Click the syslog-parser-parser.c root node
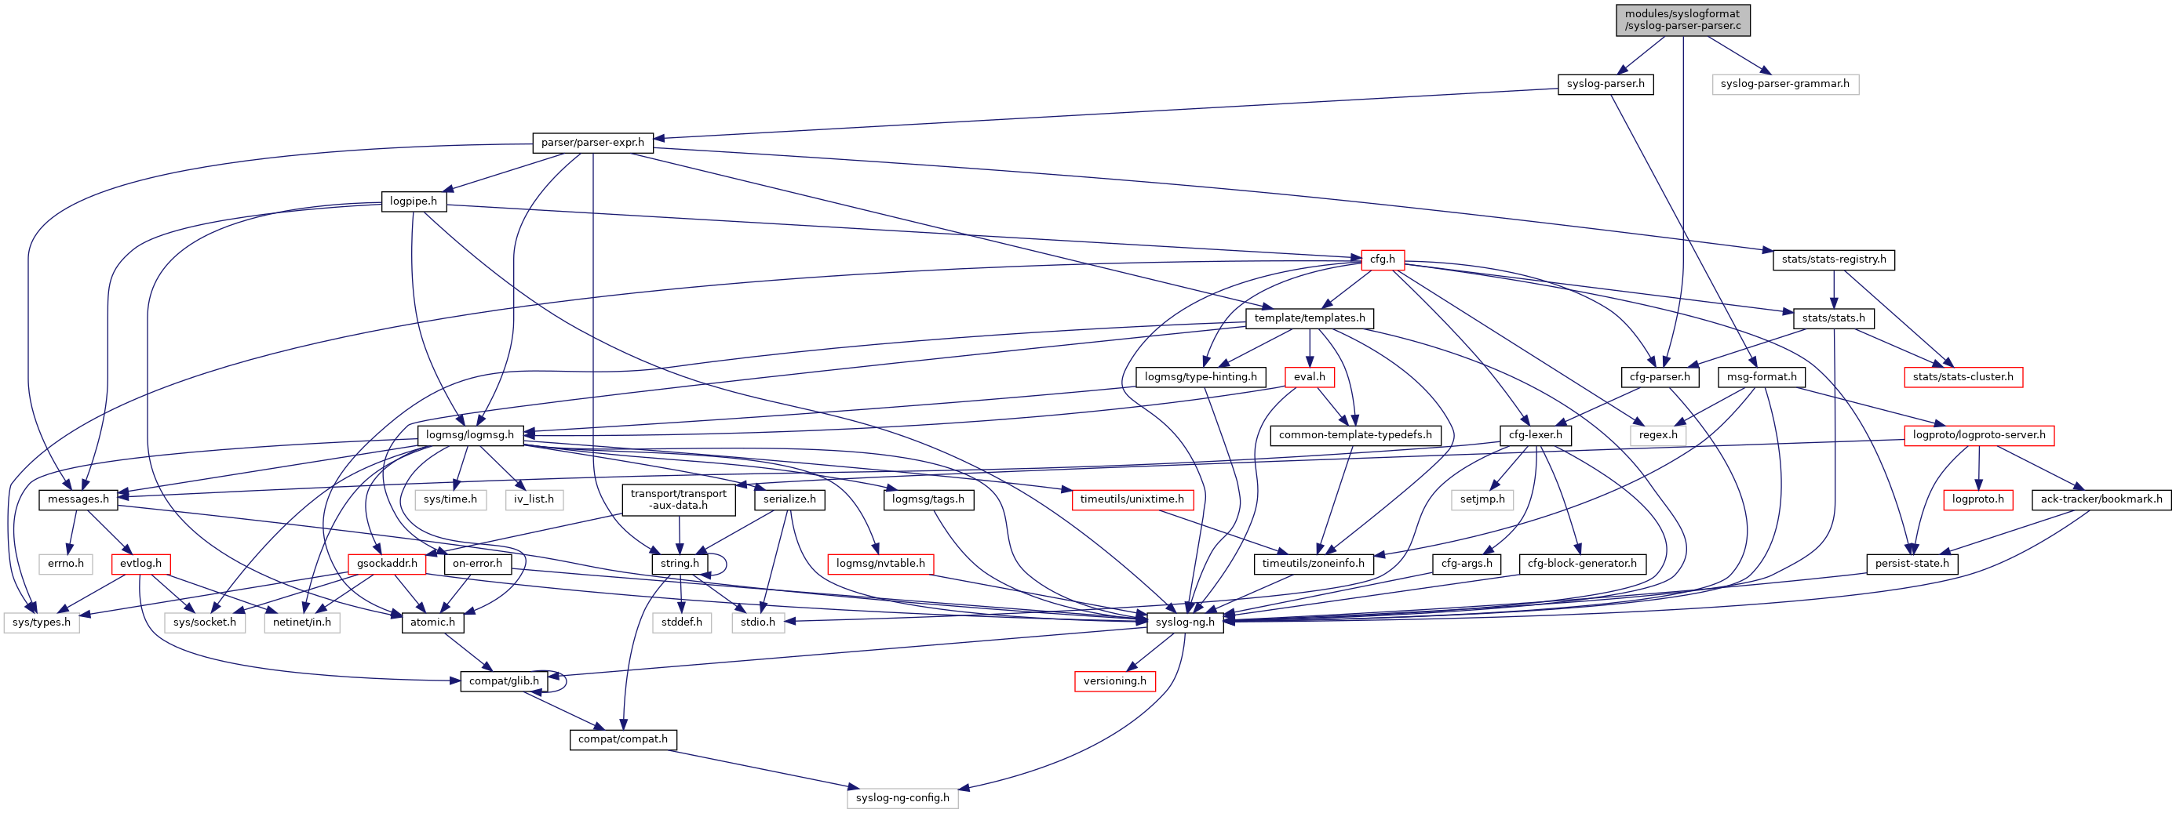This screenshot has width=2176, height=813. click(x=1682, y=20)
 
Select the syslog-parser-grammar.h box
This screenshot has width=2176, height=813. click(x=1785, y=84)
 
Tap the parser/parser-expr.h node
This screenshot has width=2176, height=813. click(x=592, y=143)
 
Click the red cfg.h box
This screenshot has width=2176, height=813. click(x=1382, y=260)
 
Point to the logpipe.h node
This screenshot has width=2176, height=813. click(x=413, y=201)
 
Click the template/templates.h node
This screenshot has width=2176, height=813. click(x=1310, y=318)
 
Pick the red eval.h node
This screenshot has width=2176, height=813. click(x=1310, y=376)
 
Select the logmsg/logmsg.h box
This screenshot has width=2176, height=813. click(x=470, y=435)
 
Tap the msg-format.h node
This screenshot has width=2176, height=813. click(x=1761, y=376)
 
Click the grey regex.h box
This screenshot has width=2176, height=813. click(x=1658, y=435)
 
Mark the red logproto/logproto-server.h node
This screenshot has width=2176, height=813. click(x=1979, y=435)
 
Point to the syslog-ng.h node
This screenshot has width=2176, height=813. click(x=1185, y=622)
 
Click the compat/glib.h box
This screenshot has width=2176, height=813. click(x=504, y=681)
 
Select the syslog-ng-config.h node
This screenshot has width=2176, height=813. click(x=902, y=798)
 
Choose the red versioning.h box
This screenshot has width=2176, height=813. click(x=1114, y=681)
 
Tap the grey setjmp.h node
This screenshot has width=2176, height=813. click(x=1482, y=499)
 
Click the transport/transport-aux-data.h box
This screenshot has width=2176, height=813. click(x=678, y=499)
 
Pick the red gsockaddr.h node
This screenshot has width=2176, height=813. click(x=387, y=563)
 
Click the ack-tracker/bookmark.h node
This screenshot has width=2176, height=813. click(x=2101, y=499)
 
